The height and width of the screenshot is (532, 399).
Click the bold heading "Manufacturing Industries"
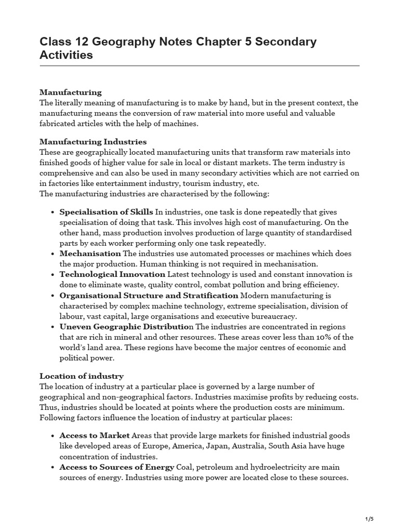pyautogui.click(x=93, y=142)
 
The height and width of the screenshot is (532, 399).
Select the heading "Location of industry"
pyautogui.click(x=82, y=376)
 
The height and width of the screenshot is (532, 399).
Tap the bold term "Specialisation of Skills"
pyautogui.click(x=106, y=212)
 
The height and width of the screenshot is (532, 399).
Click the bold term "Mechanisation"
pyautogui.click(x=90, y=254)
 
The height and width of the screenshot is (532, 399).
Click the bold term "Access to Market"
pyautogui.click(x=95, y=435)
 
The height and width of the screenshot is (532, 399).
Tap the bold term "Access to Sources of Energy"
pyautogui.click(x=116, y=467)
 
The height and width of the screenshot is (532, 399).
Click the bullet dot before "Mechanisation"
pyautogui.click(x=54, y=254)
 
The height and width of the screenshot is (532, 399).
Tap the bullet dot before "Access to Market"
pyautogui.click(x=54, y=436)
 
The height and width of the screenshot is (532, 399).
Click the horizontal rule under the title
pyautogui.click(x=199, y=66)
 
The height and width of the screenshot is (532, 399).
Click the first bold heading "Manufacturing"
pyautogui.click(x=71, y=92)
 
